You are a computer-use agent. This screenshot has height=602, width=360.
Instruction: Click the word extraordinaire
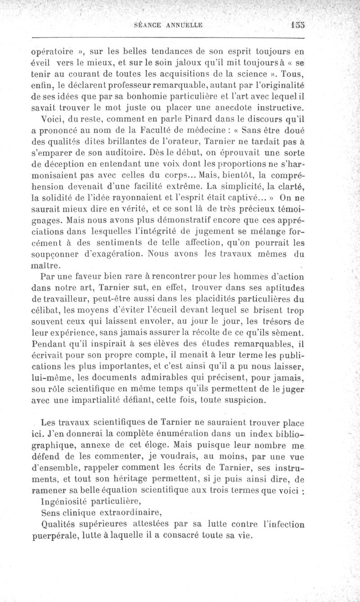click(x=132, y=512)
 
